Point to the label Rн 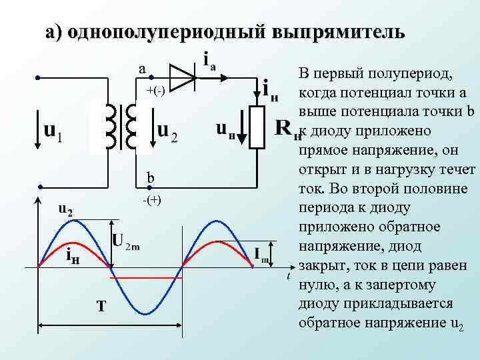click(287, 129)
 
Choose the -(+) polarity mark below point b click(152, 201)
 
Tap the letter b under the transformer click(151, 178)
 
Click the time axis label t click(288, 276)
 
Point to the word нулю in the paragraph click(319, 285)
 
